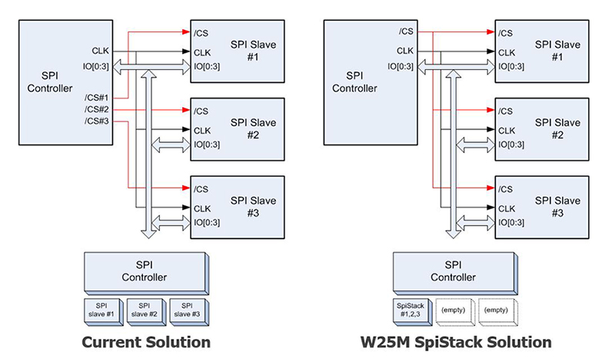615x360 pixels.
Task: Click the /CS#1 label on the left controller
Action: [96, 98]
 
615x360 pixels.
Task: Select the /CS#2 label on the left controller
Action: [96, 108]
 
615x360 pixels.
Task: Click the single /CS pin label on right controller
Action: [404, 32]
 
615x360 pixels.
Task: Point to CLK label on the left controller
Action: [100, 52]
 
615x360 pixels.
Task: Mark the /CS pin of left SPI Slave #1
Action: [201, 32]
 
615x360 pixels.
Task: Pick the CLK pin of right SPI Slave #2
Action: [508, 129]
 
